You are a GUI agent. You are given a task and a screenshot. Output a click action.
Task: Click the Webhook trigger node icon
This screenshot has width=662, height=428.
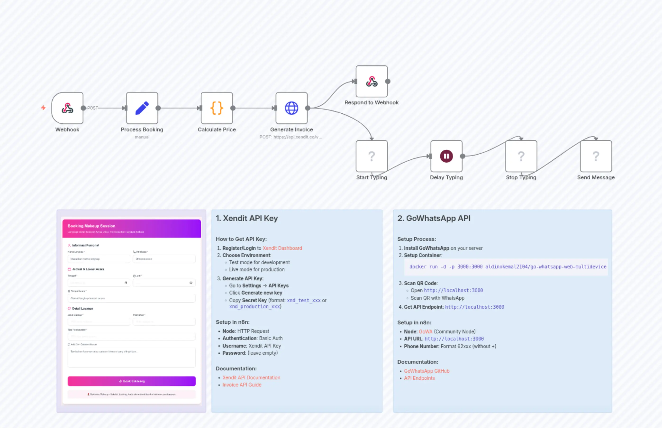tap(67, 108)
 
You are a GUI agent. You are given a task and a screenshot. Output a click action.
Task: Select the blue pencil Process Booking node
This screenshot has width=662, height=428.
tap(142, 108)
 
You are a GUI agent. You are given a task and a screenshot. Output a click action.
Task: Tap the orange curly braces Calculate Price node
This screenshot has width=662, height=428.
tap(217, 108)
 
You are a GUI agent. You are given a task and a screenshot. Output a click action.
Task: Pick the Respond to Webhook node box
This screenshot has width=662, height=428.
tap(372, 81)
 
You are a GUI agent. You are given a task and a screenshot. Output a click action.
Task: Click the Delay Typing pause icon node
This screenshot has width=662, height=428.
tap(446, 156)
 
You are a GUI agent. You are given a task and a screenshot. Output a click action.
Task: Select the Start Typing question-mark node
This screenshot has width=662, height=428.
tap(372, 156)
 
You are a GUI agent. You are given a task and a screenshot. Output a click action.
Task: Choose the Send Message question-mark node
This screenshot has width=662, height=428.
tap(596, 156)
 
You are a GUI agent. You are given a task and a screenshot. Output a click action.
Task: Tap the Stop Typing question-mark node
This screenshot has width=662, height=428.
tap(521, 156)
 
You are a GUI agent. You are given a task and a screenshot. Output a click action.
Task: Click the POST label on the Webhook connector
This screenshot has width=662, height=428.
tap(93, 108)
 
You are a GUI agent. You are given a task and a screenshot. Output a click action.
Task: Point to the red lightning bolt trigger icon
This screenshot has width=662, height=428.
tap(43, 108)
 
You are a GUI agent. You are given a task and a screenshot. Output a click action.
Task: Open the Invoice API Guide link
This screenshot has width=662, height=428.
tap(242, 385)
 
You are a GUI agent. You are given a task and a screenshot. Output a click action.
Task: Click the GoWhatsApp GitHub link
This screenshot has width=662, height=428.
tap(426, 371)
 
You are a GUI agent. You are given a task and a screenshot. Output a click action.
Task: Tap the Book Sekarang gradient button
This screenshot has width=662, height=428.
tap(132, 381)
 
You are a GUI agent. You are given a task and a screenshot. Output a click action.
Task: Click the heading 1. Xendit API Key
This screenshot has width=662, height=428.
tap(247, 218)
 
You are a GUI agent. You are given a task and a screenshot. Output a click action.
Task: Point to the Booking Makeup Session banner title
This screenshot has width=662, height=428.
tap(91, 226)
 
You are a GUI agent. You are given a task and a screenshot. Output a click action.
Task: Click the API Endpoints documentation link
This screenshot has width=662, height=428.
tap(419, 378)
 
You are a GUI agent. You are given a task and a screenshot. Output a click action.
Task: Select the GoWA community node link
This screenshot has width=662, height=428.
tap(425, 331)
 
